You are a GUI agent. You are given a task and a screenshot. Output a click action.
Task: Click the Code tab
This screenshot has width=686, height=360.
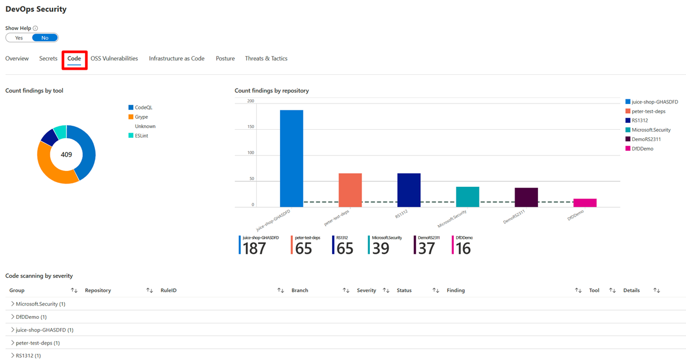pos(74,58)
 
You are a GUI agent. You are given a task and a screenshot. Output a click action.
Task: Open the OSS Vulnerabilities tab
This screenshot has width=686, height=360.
pos(114,58)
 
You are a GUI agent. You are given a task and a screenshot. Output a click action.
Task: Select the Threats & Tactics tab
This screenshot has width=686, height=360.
pos(266,58)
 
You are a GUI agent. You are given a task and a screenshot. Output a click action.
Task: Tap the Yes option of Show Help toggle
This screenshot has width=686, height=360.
pos(19,38)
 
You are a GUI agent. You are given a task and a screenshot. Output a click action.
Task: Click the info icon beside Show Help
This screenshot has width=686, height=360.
pos(35,28)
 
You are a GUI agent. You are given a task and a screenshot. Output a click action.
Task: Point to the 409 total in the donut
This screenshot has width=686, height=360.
pos(66,154)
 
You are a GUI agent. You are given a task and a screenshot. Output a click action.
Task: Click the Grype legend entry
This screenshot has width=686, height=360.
pos(141,117)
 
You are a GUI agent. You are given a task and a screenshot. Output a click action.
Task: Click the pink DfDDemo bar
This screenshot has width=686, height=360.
pos(585,203)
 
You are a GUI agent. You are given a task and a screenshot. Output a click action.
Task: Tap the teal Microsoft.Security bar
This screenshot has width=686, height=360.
pos(468,197)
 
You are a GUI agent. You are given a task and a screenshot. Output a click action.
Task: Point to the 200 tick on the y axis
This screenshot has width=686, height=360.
pos(250,101)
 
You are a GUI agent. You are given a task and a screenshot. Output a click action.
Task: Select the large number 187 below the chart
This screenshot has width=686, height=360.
pos(254,249)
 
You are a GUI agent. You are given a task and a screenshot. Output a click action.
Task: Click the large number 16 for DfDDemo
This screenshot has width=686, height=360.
pos(463,249)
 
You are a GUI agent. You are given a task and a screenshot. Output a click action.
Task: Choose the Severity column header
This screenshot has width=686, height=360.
pos(366,290)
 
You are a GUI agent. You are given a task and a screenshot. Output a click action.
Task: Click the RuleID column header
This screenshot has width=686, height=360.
pos(169,290)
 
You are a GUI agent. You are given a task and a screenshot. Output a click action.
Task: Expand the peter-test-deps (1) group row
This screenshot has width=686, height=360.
pos(13,343)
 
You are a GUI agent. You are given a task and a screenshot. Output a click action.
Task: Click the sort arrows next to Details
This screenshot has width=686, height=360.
pos(656,290)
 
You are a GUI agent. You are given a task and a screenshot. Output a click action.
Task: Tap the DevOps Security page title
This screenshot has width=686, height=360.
pos(36,9)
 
